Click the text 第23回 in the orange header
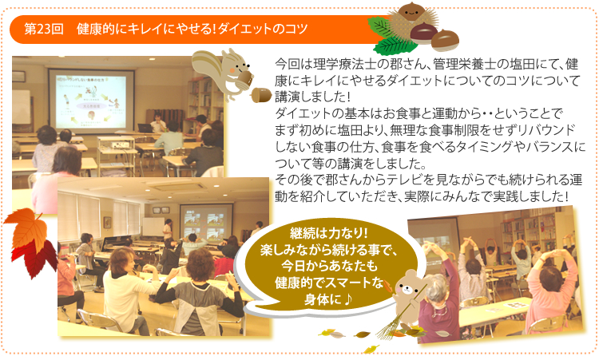pyautogui.click(x=44, y=30)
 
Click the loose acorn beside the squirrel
pyautogui.click(x=261, y=95)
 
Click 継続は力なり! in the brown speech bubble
pyautogui.click(x=328, y=232)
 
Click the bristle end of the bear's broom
pyautogui.click(x=388, y=328)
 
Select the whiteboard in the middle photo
pyautogui.click(x=153, y=227)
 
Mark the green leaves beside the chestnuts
pyautogui.click(x=390, y=37)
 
